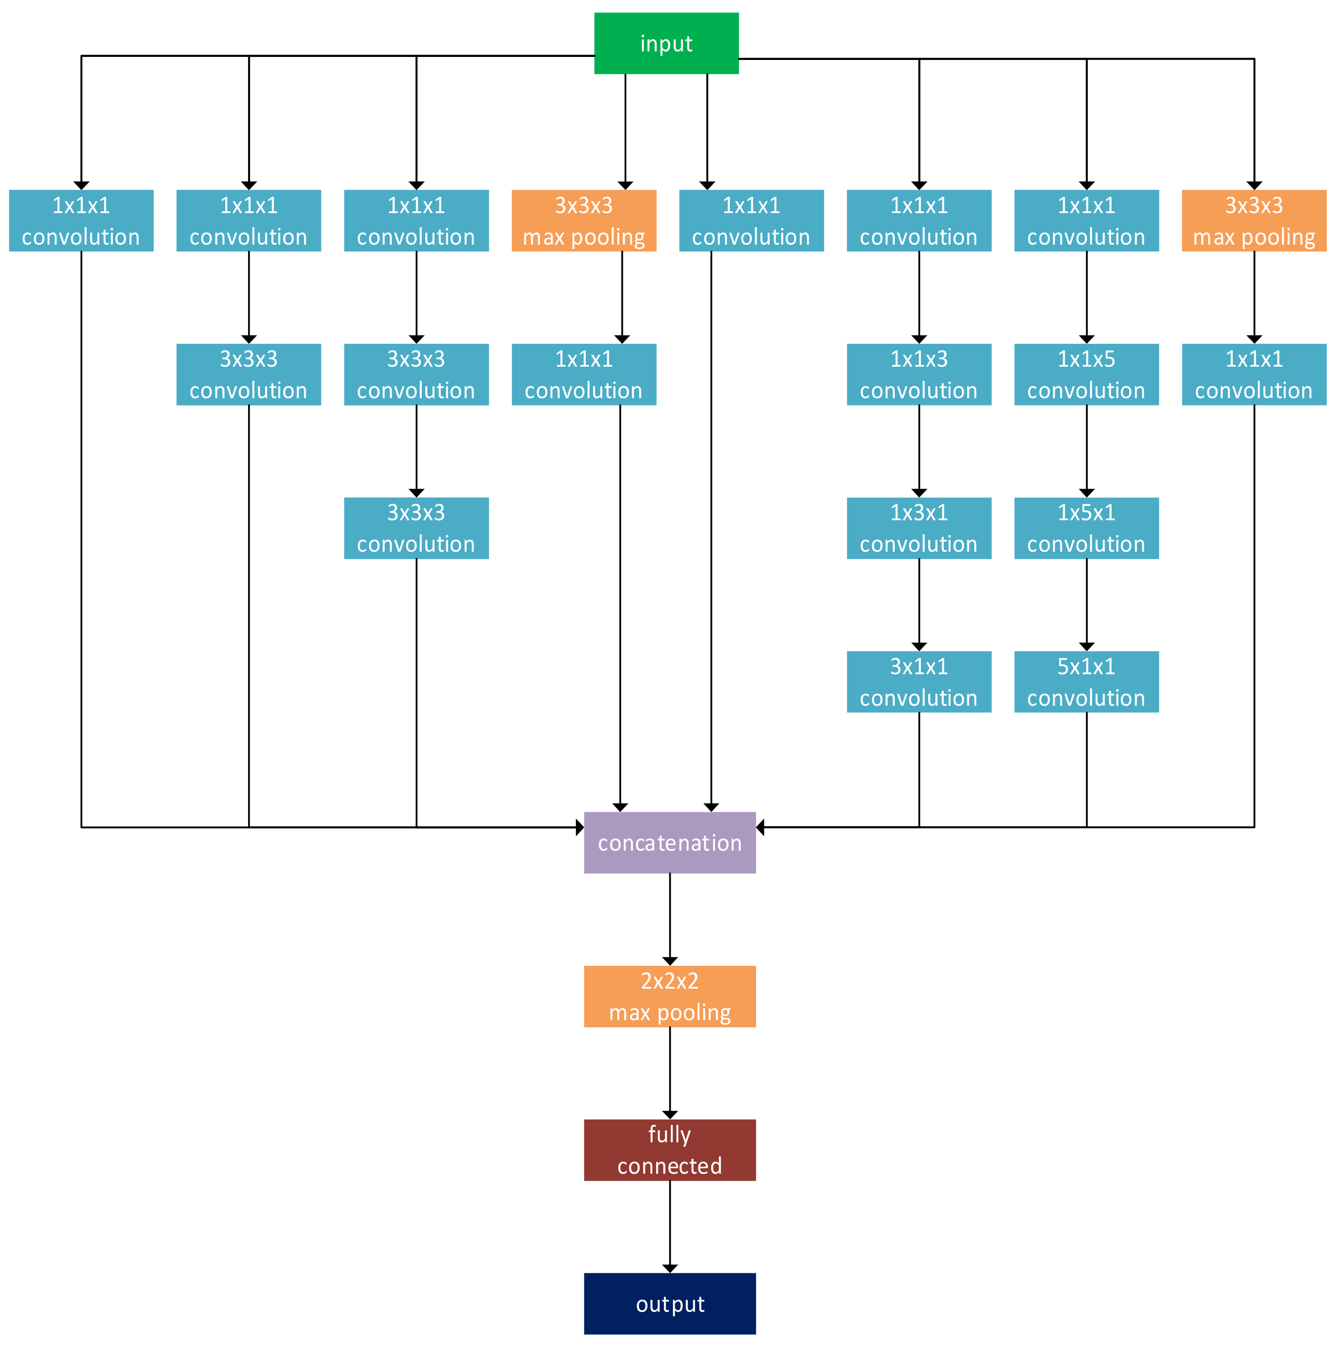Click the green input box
point(666,43)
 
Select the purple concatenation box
point(670,842)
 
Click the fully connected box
point(670,1150)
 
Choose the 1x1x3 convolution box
point(919,374)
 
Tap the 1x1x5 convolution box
point(1086,374)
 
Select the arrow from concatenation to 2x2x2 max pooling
point(670,919)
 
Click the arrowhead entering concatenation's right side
point(760,827)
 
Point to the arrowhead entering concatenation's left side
point(580,827)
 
